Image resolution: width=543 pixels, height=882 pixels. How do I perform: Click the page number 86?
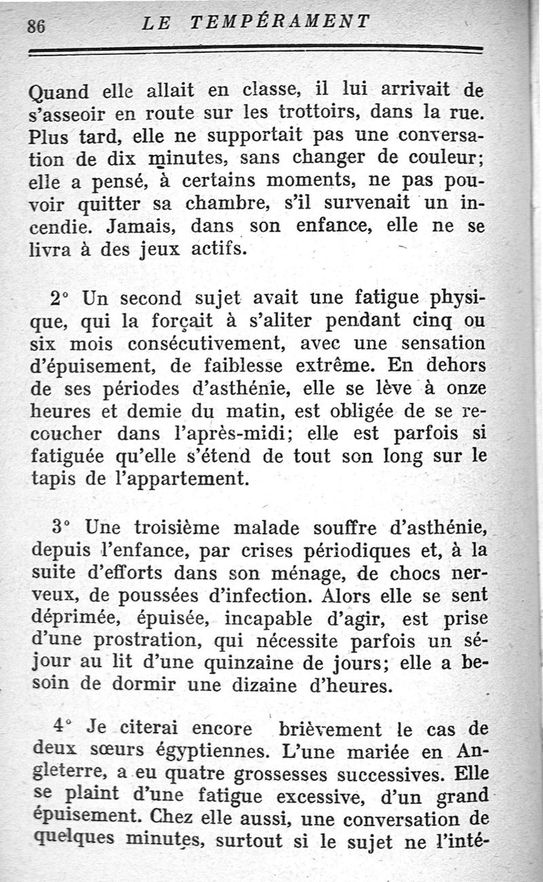36,25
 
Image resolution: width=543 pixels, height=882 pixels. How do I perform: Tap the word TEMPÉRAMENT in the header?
280,22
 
